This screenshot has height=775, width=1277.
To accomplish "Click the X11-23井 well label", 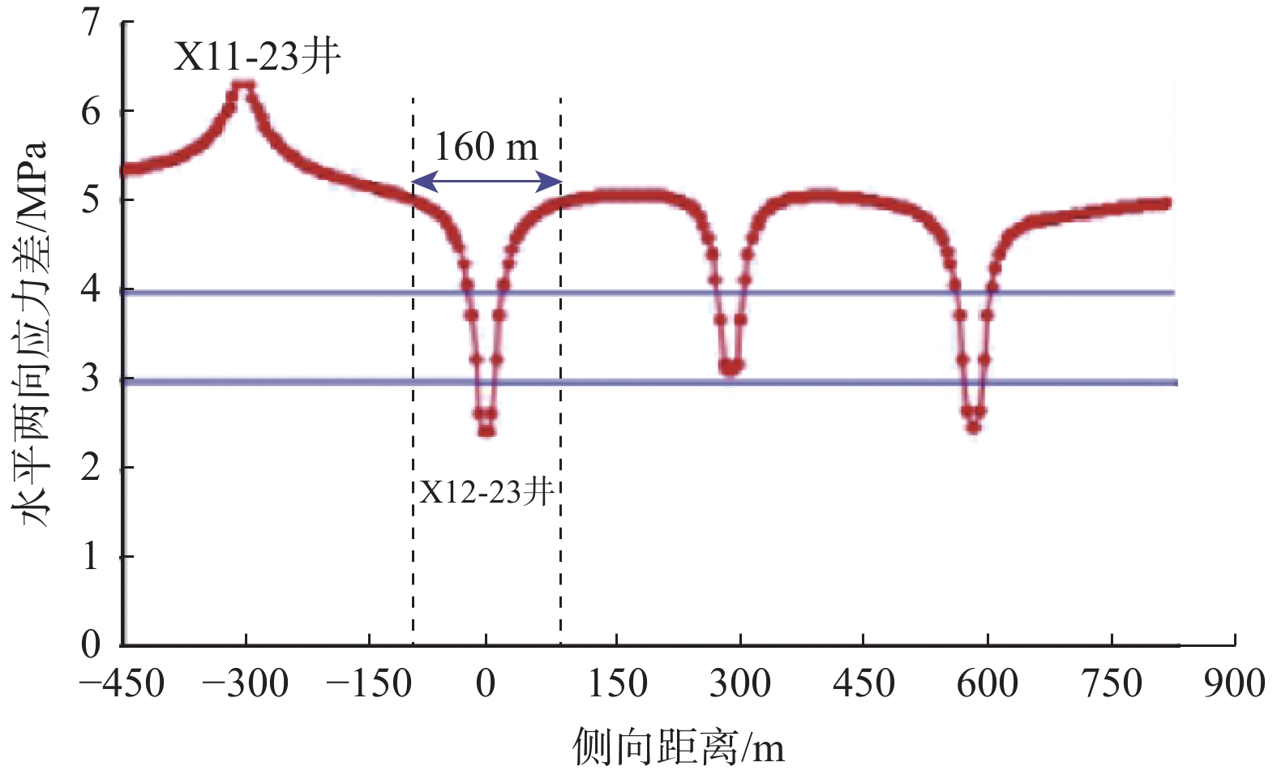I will click(257, 57).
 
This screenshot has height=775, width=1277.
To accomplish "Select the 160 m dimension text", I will click(486, 147).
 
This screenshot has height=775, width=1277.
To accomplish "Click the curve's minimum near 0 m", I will click(486, 430).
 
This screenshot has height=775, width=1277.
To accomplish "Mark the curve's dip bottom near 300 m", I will click(731, 370).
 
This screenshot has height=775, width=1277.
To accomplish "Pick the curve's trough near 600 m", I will click(973, 427).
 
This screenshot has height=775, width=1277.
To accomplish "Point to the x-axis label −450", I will click(122, 683).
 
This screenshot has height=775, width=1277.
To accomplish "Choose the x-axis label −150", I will click(368, 683).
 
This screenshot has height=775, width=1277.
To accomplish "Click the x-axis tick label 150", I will click(617, 683).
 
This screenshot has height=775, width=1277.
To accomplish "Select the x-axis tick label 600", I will click(987, 683).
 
